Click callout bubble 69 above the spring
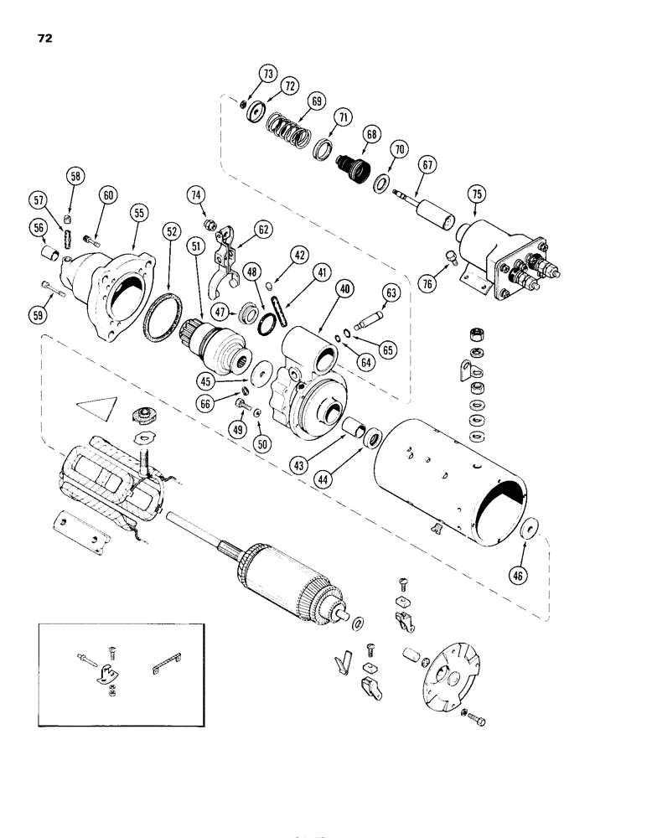(292, 101)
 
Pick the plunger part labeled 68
(349, 168)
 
